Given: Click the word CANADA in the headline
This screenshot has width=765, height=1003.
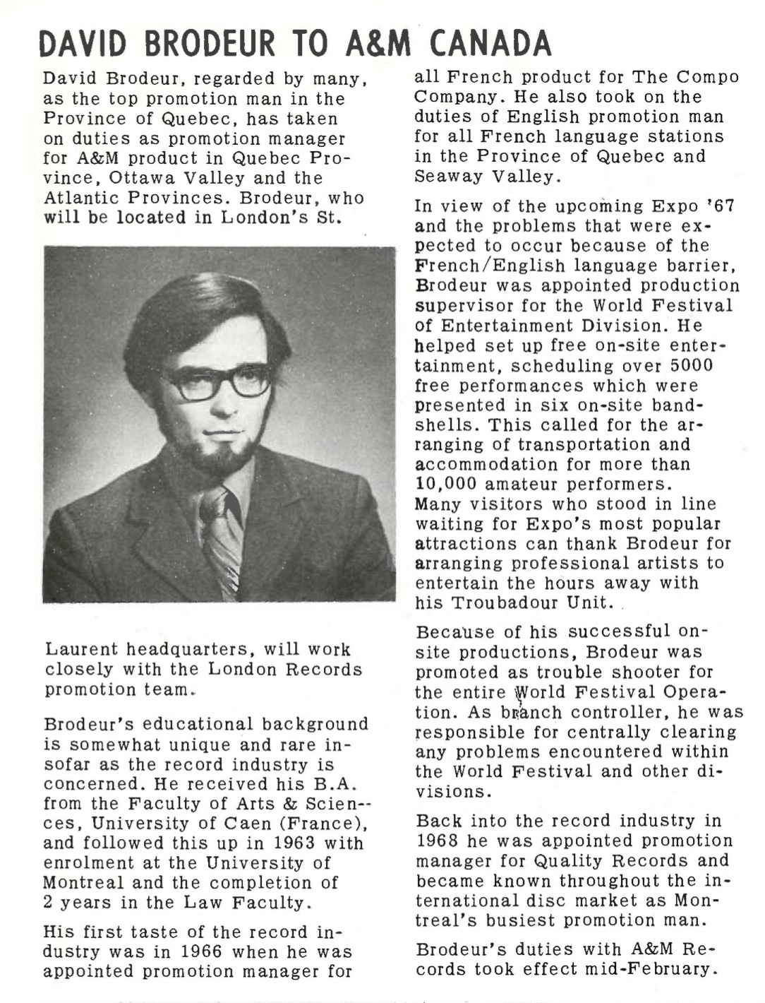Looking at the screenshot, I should pos(490,44).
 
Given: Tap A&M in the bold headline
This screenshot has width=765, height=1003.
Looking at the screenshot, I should pos(377,44).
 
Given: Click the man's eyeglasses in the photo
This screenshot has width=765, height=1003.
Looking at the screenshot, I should pos(219,382).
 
